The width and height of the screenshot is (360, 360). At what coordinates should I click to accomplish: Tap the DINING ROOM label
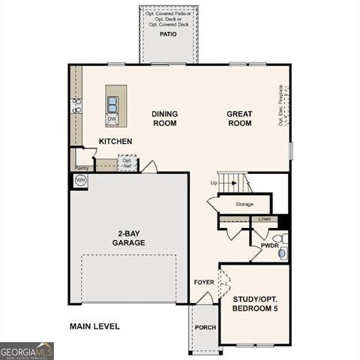tap(164, 118)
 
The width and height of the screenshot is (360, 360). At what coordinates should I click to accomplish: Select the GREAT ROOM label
tap(239, 118)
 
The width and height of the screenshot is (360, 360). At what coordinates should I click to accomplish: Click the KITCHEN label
tap(115, 142)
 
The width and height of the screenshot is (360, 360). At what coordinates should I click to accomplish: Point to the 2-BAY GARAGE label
tap(129, 238)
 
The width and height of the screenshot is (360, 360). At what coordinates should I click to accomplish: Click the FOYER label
tap(204, 283)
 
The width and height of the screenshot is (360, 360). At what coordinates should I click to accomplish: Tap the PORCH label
tap(205, 327)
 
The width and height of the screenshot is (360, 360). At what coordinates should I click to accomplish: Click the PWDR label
tap(269, 245)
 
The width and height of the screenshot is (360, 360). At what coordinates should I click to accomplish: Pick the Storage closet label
tap(244, 204)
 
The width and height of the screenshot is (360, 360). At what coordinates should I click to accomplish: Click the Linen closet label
tap(264, 219)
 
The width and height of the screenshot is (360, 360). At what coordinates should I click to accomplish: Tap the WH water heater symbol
tap(80, 181)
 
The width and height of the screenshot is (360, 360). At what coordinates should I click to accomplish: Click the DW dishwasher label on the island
tap(112, 118)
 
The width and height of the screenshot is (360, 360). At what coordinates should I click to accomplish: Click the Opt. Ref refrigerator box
tap(127, 162)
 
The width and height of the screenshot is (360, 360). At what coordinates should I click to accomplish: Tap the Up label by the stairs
tap(214, 183)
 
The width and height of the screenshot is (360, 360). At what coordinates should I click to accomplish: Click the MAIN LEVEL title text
tap(94, 326)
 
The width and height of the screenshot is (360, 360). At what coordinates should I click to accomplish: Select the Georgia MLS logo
tap(27, 350)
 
